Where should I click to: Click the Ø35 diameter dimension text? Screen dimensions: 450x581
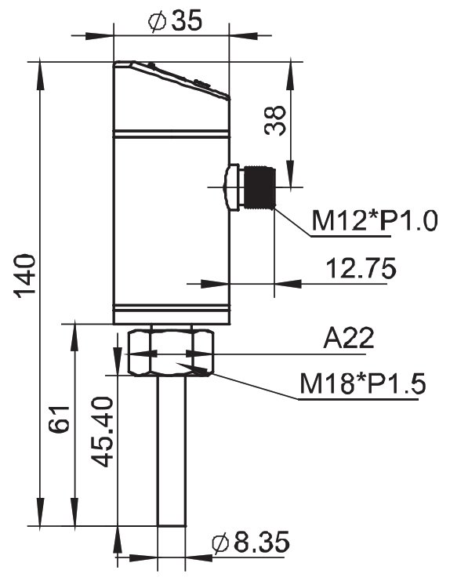pos(175,20)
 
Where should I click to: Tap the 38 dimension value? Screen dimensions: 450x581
pos(275,121)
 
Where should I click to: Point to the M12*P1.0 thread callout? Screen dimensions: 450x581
pos(375,220)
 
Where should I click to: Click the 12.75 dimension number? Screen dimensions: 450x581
pos(361,268)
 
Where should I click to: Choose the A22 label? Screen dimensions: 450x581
pos(349,338)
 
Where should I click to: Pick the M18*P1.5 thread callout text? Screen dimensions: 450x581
pos(363,383)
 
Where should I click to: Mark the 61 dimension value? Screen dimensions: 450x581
pos(60,419)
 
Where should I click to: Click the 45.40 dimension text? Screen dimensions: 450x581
pos(102,432)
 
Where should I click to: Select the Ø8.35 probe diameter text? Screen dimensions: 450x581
pos(250,542)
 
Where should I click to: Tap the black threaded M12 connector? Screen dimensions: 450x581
pos(259,188)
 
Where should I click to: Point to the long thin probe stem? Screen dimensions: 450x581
pos(172,451)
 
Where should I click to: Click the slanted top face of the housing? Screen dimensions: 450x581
pos(172,80)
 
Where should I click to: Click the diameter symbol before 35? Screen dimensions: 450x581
pos(157,21)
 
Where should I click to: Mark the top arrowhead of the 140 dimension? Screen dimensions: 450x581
pos(40,75)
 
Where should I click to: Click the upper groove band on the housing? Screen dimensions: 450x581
pos(171,134)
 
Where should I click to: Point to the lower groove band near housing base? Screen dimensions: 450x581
pos(171,308)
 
